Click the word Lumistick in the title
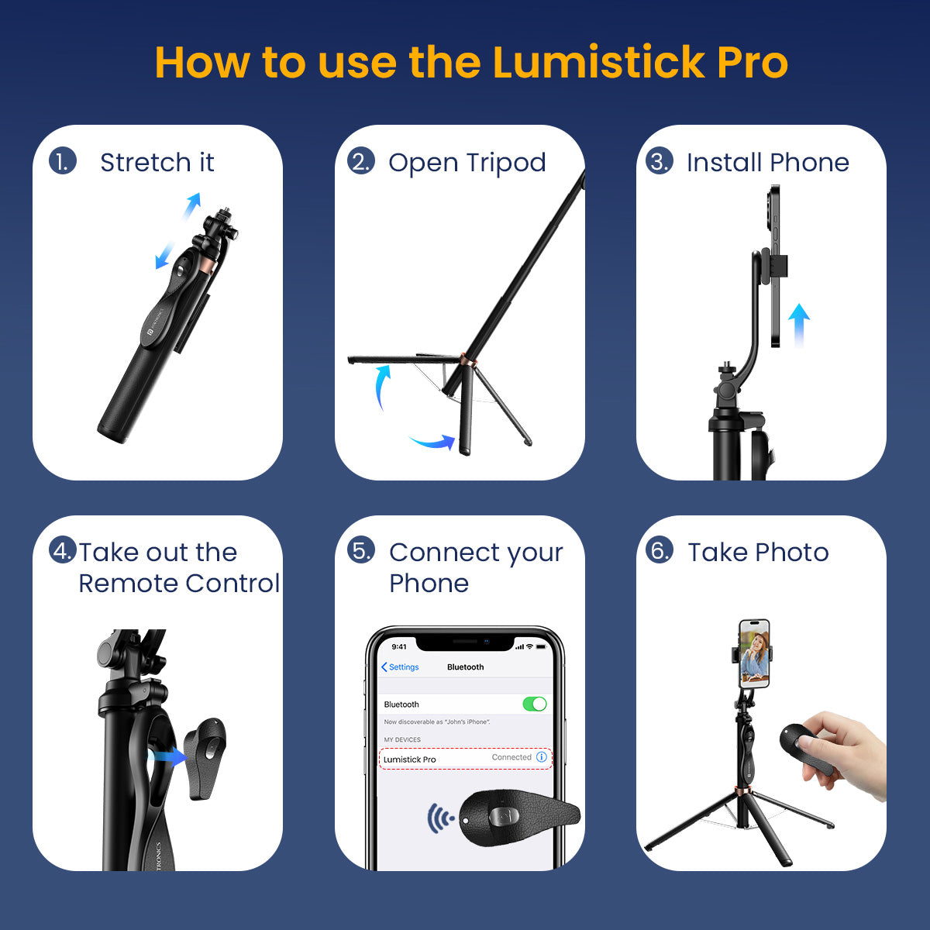pyautogui.click(x=598, y=62)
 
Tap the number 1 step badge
pyautogui.click(x=62, y=161)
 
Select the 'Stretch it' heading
pyautogui.click(x=157, y=162)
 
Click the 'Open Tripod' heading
pyautogui.click(x=467, y=162)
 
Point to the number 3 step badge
pyautogui.click(x=659, y=161)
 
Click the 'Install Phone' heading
pyautogui.click(x=767, y=162)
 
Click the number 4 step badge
pyautogui.click(x=62, y=550)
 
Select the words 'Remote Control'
pyautogui.click(x=179, y=583)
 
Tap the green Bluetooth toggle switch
pyautogui.click(x=535, y=704)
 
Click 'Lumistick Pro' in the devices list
pyautogui.click(x=409, y=759)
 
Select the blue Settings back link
pyautogui.click(x=400, y=667)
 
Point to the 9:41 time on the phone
pyautogui.click(x=399, y=646)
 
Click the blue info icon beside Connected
pyautogui.click(x=542, y=757)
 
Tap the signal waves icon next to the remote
pyautogui.click(x=440, y=818)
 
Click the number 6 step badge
pyautogui.click(x=659, y=550)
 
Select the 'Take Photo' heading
pyautogui.click(x=758, y=552)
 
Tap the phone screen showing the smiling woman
pyautogui.click(x=754, y=655)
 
